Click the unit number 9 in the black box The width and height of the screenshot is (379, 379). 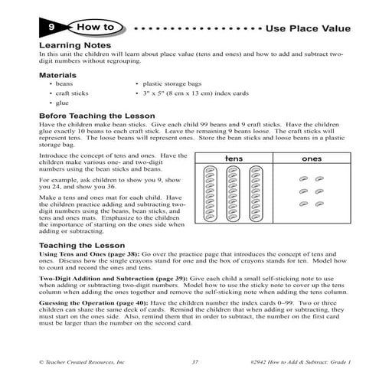pos(48,29)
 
